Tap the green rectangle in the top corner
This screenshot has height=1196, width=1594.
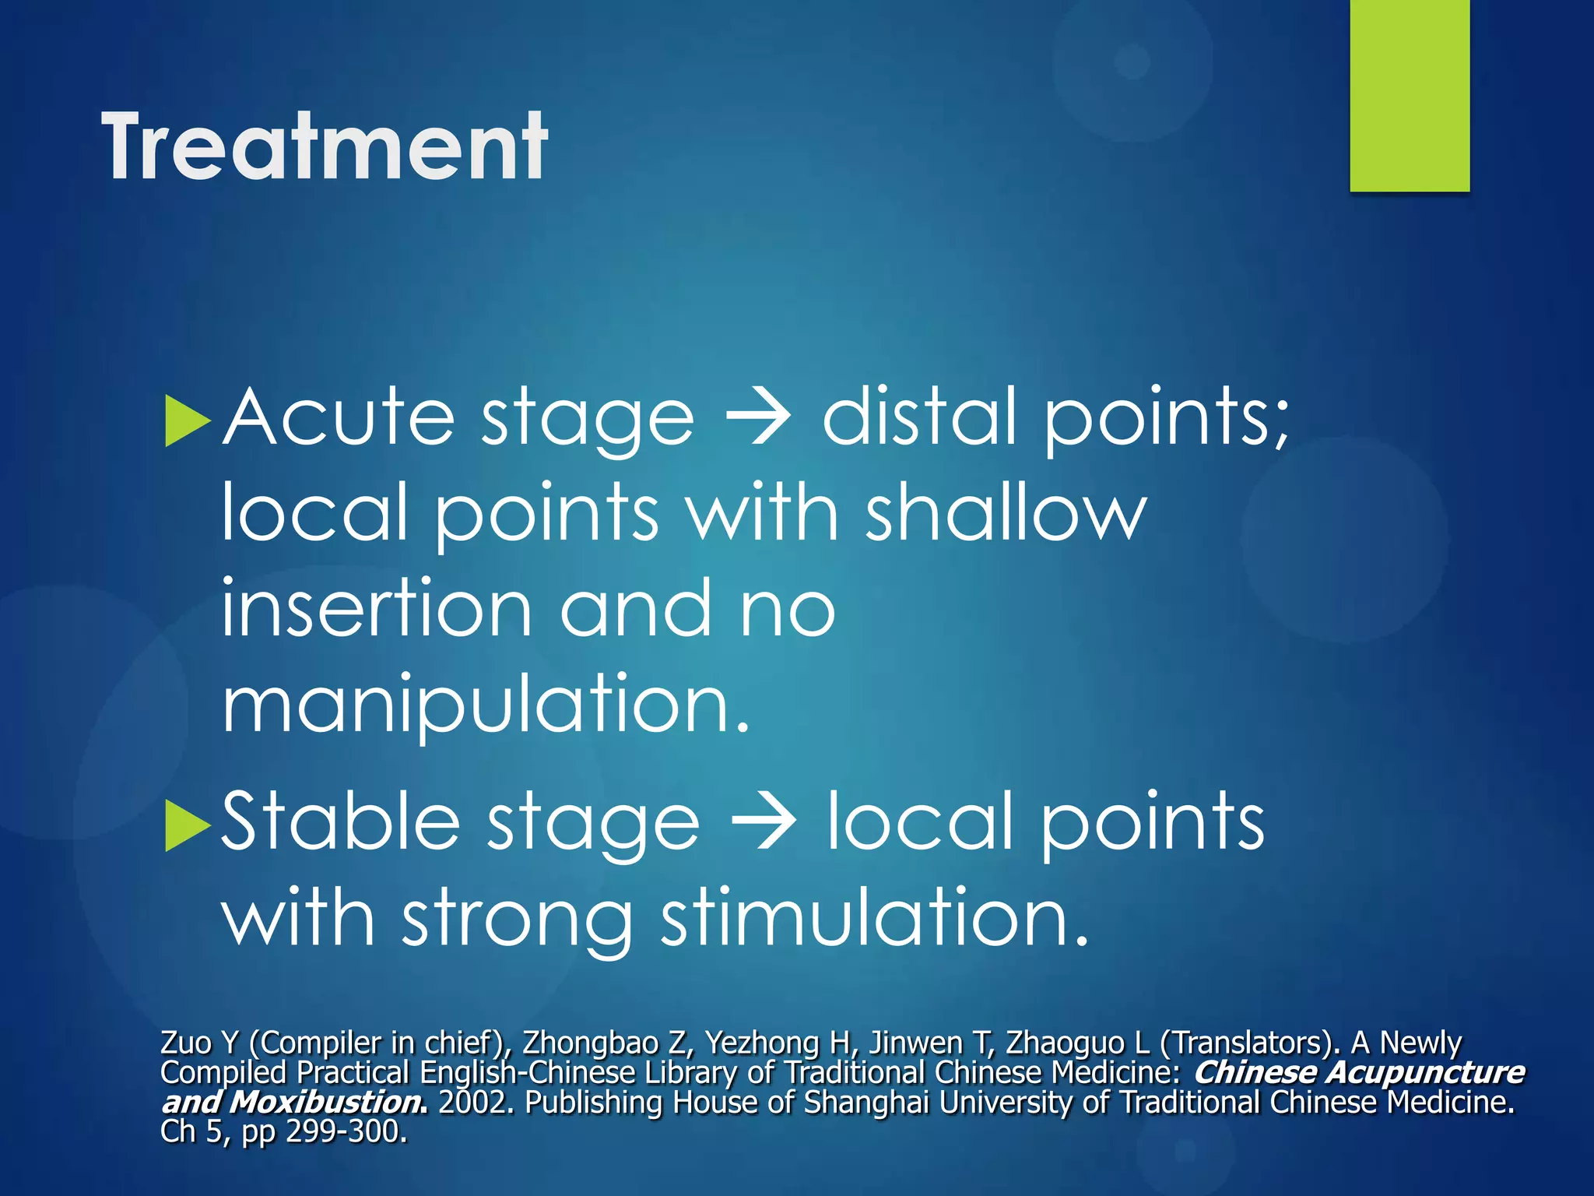(1409, 95)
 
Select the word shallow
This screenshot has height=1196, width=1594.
(1006, 513)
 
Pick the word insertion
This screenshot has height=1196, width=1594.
(377, 609)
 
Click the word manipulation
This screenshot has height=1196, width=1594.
(485, 705)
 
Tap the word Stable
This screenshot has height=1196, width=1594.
(340, 823)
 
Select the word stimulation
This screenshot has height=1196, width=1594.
(873, 919)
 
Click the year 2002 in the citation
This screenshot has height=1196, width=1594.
(475, 1103)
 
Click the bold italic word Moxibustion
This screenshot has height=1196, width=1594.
(328, 1103)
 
